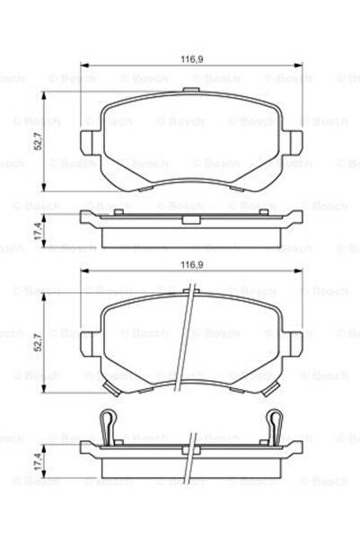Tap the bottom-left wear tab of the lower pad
click(x=110, y=388)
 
